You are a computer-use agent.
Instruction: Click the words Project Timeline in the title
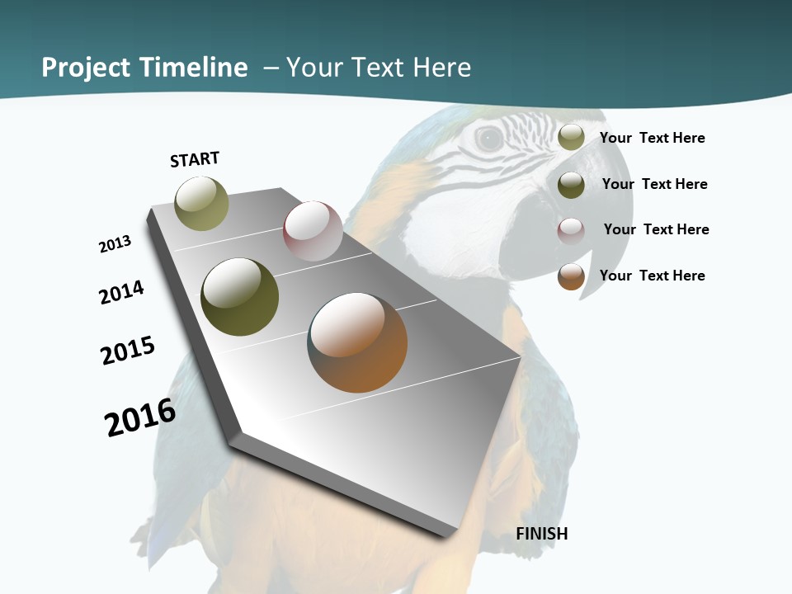[144, 68]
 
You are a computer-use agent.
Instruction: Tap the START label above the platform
[195, 159]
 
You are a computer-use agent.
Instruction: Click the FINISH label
[542, 534]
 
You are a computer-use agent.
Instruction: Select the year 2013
[115, 244]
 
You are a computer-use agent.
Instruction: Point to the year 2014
[122, 292]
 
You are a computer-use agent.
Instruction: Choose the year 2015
[128, 350]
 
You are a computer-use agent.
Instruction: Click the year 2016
[140, 417]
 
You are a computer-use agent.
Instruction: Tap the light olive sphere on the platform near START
[201, 204]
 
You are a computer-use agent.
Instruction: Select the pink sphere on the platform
[313, 231]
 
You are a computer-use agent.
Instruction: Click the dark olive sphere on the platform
[240, 297]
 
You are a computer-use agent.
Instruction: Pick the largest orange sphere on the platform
[357, 342]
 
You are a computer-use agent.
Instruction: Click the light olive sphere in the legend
[571, 137]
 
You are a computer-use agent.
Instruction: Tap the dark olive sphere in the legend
[571, 185]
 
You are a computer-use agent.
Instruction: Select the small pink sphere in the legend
[571, 231]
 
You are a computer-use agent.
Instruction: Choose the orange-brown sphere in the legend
[571, 276]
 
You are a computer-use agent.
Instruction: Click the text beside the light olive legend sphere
[652, 138]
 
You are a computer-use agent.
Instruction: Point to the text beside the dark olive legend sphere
[654, 184]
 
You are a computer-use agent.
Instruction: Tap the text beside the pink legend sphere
[656, 229]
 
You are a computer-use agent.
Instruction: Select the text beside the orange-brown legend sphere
[652, 276]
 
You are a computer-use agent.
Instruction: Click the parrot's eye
[489, 139]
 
